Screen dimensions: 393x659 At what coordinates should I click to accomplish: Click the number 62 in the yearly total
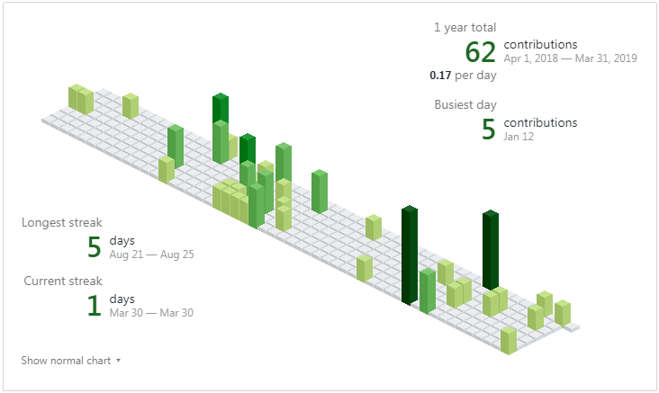pyautogui.click(x=481, y=52)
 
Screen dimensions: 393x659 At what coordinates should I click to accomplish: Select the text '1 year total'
pyautogui.click(x=465, y=28)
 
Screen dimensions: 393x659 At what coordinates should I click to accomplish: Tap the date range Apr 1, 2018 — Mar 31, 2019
pyautogui.click(x=570, y=58)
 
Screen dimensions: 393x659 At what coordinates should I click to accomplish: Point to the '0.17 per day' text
pyautogui.click(x=463, y=76)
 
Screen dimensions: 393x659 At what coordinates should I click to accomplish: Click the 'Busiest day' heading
pyautogui.click(x=465, y=104)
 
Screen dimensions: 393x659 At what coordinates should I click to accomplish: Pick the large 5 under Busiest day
pyautogui.click(x=488, y=130)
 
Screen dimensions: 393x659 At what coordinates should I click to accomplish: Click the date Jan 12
pyautogui.click(x=519, y=137)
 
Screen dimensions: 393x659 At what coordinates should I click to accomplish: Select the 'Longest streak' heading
pyautogui.click(x=62, y=222)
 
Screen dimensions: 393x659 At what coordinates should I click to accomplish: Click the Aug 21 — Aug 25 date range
pyautogui.click(x=151, y=255)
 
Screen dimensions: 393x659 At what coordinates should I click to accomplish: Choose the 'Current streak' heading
pyautogui.click(x=62, y=281)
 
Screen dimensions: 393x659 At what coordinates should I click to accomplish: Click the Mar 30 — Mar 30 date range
pyautogui.click(x=151, y=313)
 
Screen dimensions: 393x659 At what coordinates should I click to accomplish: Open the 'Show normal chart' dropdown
pyautogui.click(x=70, y=361)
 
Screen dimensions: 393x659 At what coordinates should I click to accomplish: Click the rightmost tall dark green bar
pyautogui.click(x=491, y=250)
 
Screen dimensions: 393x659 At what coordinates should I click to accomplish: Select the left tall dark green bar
pyautogui.click(x=410, y=254)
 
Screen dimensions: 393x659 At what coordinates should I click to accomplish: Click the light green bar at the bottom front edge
pyautogui.click(x=509, y=341)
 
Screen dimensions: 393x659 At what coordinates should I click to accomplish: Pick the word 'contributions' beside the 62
pyautogui.click(x=540, y=44)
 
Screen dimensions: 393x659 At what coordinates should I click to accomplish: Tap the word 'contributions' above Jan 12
pyautogui.click(x=540, y=122)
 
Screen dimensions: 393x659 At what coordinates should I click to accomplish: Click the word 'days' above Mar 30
pyautogui.click(x=122, y=299)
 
